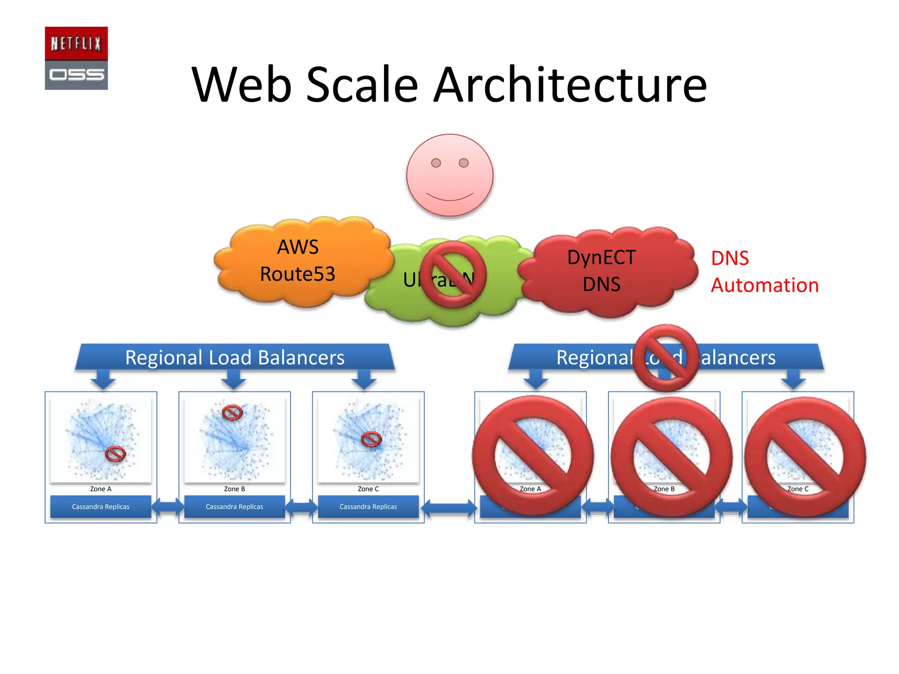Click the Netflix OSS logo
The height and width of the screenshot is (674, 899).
[76, 58]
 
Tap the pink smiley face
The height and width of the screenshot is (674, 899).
[449, 175]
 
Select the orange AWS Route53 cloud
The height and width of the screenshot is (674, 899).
[298, 261]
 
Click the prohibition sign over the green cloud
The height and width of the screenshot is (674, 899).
[453, 274]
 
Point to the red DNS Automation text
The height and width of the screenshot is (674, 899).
[764, 272]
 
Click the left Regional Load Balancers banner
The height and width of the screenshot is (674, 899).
[235, 357]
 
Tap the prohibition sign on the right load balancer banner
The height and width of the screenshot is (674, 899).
[665, 357]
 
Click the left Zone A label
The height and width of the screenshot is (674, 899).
[101, 489]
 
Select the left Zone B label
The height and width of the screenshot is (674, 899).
[234, 489]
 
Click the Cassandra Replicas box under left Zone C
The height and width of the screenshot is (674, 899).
[368, 507]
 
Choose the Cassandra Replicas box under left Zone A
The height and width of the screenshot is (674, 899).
[101, 507]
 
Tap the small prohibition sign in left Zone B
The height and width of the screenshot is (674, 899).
[232, 412]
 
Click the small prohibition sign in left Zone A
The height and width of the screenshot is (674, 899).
[115, 454]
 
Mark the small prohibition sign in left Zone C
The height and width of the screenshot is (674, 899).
[371, 439]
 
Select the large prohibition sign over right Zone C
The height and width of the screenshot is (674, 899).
[805, 457]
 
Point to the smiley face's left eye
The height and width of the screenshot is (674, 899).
[436, 163]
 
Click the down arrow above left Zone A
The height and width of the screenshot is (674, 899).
[103, 379]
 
